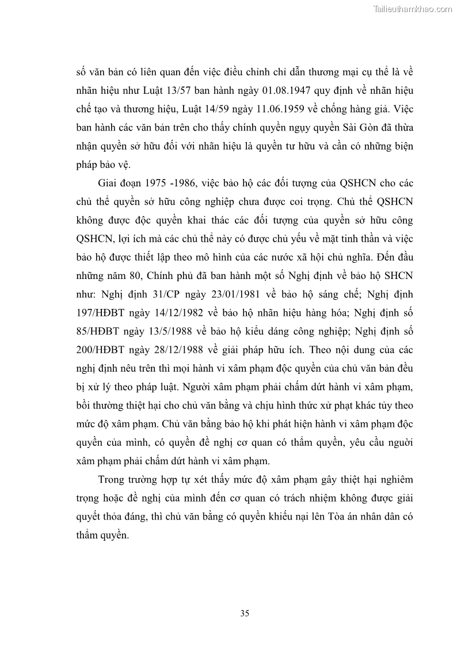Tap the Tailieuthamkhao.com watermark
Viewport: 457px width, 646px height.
[x=413, y=9]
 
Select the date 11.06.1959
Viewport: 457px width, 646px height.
[x=248, y=109]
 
